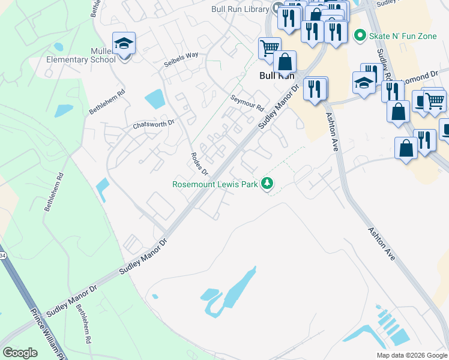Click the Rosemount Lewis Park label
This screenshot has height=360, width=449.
pos(215,184)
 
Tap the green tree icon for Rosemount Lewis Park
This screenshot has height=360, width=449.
pos(268,184)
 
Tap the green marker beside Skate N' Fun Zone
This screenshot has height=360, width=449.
pos(360,36)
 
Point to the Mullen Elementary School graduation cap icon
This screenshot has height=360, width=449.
pos(124,44)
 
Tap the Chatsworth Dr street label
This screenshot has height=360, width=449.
pos(153,124)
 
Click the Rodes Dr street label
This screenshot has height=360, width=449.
pos(199,163)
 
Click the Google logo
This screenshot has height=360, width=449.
pos(20,353)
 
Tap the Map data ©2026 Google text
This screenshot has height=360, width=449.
pos(412,355)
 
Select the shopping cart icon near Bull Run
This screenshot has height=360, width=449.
pos(270,47)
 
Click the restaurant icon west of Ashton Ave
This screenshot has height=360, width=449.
pos(315,89)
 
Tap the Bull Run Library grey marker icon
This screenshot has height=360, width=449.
pos(278,8)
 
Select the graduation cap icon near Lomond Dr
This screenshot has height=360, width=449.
pos(364,83)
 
